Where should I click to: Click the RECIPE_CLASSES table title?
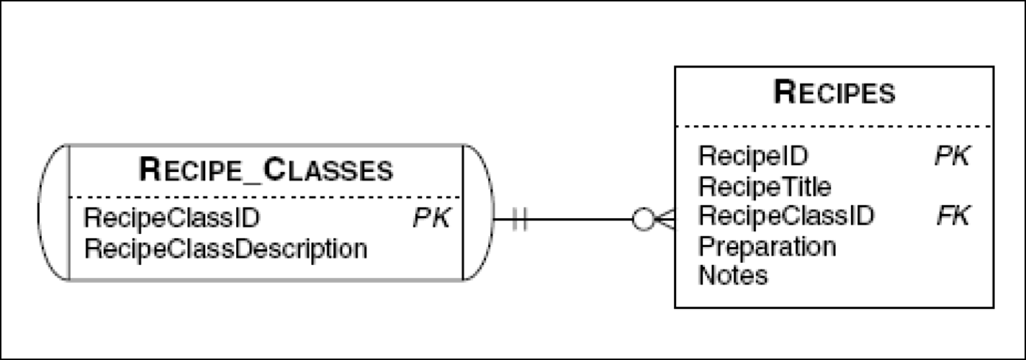tap(266, 171)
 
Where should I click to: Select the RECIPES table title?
tap(834, 93)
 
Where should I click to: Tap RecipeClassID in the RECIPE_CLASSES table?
tap(172, 217)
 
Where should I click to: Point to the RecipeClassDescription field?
tap(226, 249)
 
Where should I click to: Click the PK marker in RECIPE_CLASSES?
tap(431, 217)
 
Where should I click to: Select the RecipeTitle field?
tap(765, 187)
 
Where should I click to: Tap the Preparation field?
tap(768, 246)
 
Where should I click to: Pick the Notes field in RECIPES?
tap(733, 275)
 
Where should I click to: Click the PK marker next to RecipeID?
tap(953, 155)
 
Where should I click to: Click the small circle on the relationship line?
tap(643, 220)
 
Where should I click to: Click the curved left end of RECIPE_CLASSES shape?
tap(53, 212)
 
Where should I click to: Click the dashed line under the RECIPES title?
tap(834, 127)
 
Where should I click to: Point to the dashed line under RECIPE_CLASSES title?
tap(266, 197)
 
